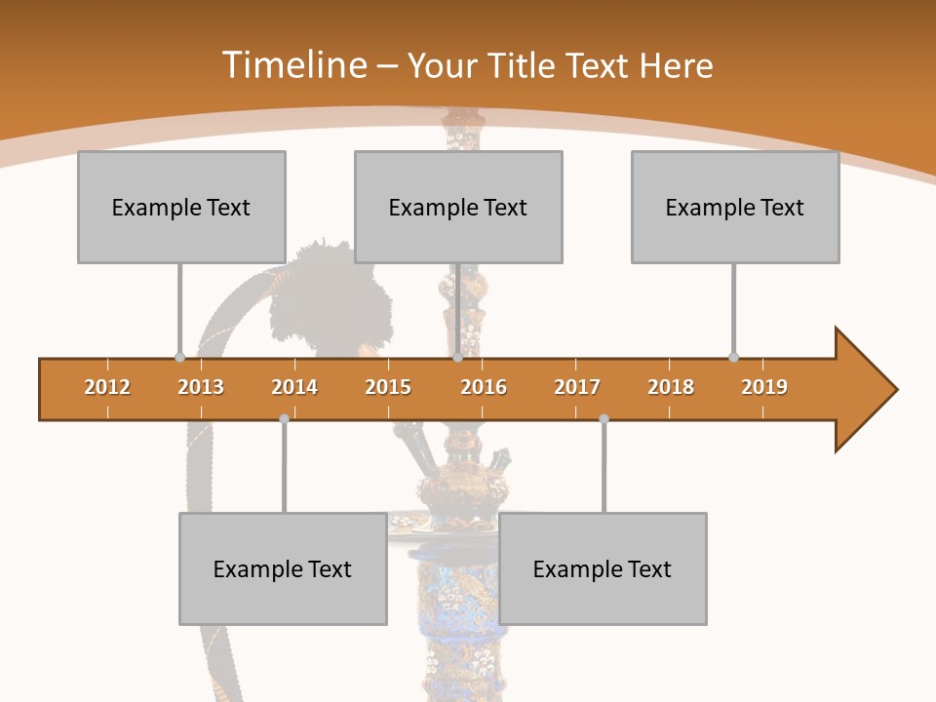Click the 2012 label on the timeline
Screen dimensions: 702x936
coord(107,387)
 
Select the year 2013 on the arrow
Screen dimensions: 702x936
coord(201,387)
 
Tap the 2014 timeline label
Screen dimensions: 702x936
coord(294,387)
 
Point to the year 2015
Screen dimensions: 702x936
coord(388,387)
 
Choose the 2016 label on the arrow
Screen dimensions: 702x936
coord(484,387)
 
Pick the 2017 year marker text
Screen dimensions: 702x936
coord(577,387)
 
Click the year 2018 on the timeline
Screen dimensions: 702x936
coord(671,387)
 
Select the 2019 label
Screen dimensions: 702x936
coord(764,387)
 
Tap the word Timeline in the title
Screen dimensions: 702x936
coord(292,65)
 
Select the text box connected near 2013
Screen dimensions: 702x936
coord(181,207)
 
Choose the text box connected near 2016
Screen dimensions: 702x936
coord(458,207)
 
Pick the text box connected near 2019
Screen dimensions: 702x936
coord(735,207)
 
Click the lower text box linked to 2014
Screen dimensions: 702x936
coord(283,568)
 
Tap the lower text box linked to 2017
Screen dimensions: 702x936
coord(603,568)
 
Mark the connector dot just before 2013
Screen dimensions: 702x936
coord(179,357)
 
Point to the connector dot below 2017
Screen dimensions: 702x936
coord(604,418)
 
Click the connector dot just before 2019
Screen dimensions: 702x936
coord(733,357)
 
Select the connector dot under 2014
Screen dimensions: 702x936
coord(284,418)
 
